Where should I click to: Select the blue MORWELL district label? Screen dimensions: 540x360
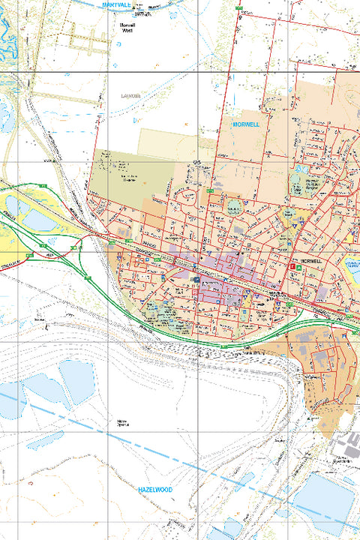pos(246,124)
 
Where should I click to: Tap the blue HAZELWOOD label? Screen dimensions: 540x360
pos(155,489)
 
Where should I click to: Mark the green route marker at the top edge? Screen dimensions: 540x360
pos(239,7)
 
